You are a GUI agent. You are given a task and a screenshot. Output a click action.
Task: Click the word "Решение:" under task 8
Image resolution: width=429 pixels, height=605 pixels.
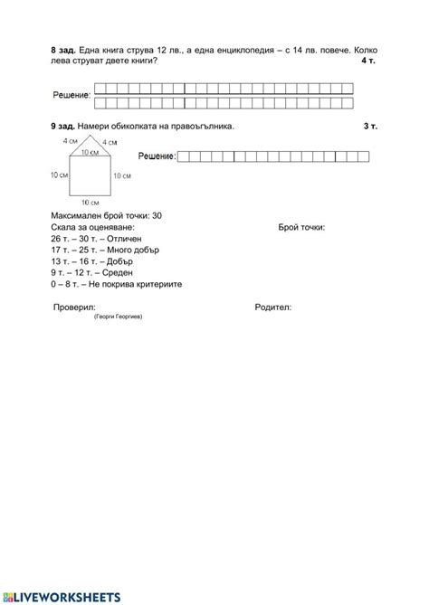coord(71,95)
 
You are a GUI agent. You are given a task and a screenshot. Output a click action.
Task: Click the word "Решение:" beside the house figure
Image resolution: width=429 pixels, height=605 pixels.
coord(156,157)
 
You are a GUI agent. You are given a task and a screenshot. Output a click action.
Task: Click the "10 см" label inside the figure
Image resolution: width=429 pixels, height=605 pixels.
coord(90,154)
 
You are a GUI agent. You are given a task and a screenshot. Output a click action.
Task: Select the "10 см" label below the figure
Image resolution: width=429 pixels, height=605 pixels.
coord(90,202)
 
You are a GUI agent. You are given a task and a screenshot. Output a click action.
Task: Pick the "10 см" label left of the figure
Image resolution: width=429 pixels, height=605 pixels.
coord(60,175)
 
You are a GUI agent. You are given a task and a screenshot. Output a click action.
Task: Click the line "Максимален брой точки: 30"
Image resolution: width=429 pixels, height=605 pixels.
coord(107,215)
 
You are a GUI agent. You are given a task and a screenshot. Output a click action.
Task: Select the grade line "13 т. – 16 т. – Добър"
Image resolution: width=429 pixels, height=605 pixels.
coord(94,260)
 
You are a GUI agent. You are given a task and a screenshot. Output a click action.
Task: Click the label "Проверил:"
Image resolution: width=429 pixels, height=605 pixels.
coord(74,307)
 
